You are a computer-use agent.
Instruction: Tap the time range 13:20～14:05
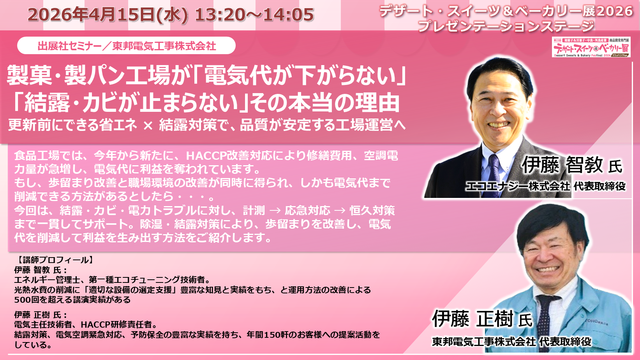[254, 14]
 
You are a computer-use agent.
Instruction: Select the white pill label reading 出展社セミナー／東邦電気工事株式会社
[126, 46]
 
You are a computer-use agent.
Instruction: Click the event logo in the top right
[591, 47]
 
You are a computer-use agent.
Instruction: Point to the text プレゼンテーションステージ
[506, 26]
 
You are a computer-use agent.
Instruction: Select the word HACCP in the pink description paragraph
[206, 156]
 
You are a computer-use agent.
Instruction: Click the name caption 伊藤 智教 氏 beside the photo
[571, 165]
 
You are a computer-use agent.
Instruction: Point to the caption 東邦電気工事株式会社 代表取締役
[511, 342]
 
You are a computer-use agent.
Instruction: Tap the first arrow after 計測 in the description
[275, 211]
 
